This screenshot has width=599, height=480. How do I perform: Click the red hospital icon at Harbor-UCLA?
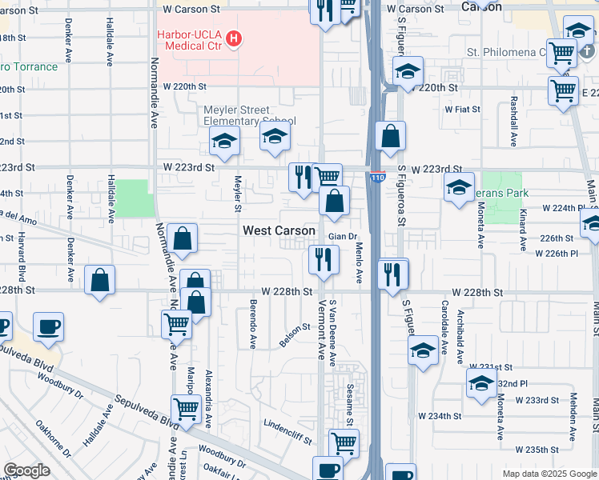pos(233,38)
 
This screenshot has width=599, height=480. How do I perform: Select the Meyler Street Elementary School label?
pos(249,115)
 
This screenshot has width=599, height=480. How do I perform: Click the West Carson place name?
pos(279,230)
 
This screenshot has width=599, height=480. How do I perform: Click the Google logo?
pos(27,470)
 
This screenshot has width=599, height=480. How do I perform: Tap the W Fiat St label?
pos(462,109)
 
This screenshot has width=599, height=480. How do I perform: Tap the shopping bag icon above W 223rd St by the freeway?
pos(390,138)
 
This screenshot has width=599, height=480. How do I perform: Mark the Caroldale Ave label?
pos(444,318)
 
